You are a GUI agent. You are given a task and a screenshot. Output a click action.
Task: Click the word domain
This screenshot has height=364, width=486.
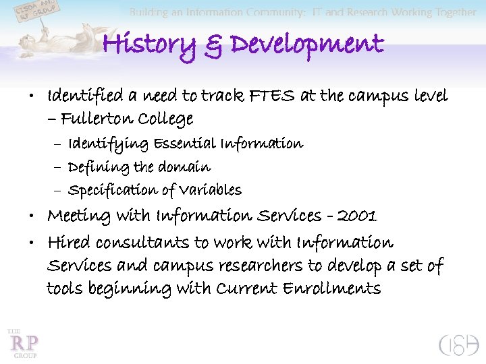(x=185, y=166)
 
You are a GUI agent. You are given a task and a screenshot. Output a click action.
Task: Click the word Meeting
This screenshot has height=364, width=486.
(x=78, y=216)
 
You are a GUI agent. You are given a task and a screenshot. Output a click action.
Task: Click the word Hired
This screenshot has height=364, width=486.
(x=69, y=243)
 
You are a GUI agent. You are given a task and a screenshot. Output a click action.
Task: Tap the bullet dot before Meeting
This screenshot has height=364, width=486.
(x=34, y=216)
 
